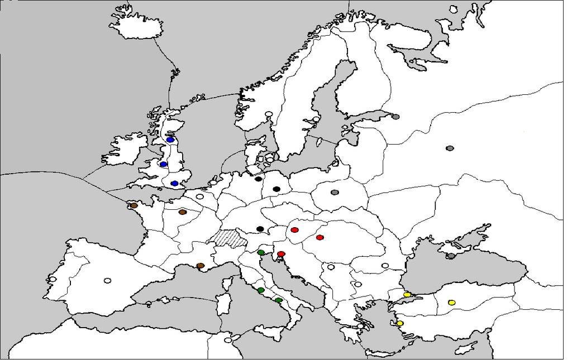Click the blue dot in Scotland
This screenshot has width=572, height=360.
point(170,140)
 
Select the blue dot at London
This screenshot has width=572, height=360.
point(174,184)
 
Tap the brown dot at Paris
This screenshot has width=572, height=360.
point(182,212)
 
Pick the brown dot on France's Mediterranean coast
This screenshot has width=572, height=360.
point(200,266)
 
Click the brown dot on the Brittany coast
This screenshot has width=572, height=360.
point(134,205)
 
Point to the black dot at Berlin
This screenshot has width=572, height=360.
point(276,189)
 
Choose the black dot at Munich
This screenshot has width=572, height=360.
point(260,229)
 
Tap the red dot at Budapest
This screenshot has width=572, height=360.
point(320,238)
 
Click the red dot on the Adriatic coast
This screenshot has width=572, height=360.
point(281,255)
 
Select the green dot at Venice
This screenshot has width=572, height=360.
point(261,253)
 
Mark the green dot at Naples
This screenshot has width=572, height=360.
point(279,300)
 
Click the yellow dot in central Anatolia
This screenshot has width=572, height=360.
point(451,303)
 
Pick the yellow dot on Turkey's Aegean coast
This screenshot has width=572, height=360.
point(400,323)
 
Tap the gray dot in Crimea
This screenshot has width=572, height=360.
point(451,256)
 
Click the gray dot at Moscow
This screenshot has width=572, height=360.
point(450,148)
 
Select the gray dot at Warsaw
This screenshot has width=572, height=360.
point(335,193)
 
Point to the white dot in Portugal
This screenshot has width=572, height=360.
point(53,279)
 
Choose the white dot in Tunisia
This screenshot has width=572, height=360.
point(227,340)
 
